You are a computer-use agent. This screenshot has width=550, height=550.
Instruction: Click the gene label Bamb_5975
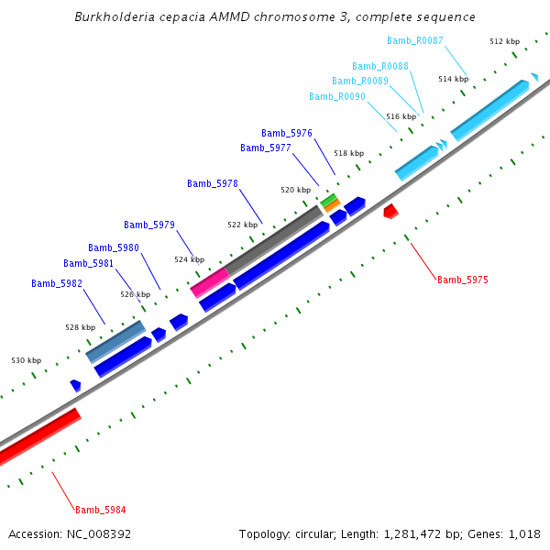[x=463, y=280]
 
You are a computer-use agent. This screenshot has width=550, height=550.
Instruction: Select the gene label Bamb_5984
[x=101, y=510]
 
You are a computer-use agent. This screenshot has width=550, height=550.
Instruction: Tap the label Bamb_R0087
[x=415, y=40]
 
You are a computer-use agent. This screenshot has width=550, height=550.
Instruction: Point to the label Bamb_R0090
[x=337, y=96]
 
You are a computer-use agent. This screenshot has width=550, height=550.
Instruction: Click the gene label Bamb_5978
[x=213, y=183]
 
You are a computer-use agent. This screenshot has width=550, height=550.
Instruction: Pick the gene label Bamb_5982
[x=57, y=283]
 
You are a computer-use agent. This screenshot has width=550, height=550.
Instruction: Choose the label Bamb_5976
[x=287, y=133]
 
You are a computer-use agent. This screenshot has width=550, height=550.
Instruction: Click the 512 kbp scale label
[x=504, y=41]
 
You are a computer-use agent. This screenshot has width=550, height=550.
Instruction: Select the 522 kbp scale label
[x=242, y=225]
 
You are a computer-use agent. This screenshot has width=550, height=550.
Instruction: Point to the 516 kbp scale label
[x=401, y=116]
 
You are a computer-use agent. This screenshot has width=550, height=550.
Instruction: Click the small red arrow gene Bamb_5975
[x=390, y=211]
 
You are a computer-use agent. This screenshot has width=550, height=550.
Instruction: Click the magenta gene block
[x=209, y=282]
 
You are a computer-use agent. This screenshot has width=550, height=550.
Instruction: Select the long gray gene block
[x=274, y=239]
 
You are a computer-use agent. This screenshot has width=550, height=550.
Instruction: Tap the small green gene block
[x=328, y=199]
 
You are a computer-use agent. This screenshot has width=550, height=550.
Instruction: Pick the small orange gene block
[x=332, y=206]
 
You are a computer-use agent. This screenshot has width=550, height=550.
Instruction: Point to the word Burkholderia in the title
[x=113, y=17]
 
